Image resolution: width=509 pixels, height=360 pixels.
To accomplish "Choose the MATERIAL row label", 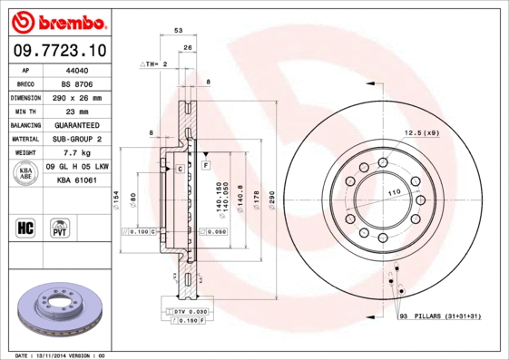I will tap(24, 139).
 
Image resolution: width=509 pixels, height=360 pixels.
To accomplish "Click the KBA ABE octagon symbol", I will tap(26, 173).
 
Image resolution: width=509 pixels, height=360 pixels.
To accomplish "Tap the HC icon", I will tap(25, 227).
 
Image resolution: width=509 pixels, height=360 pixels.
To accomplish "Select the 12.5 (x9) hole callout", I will tap(421, 133).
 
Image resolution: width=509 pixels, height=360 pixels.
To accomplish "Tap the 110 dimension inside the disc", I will tap(395, 194).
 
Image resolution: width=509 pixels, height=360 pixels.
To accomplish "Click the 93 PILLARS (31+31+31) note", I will tap(439, 316).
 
